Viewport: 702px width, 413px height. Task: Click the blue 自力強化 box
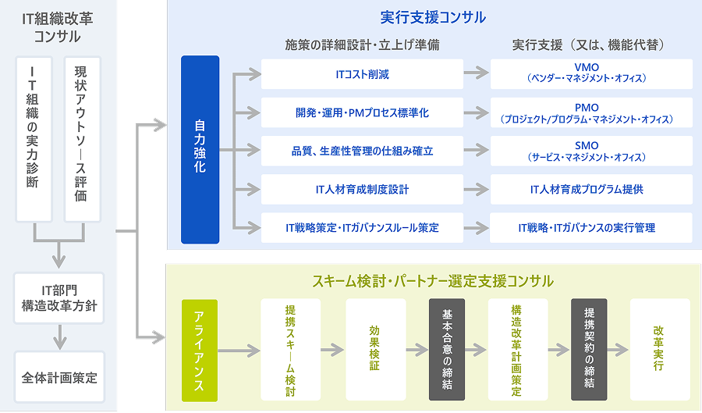coord(200,150)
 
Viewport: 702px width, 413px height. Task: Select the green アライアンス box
coord(200,350)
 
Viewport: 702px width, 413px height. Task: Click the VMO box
coord(592,73)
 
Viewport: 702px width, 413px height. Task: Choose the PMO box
coord(592,113)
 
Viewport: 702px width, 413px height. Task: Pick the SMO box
coord(592,151)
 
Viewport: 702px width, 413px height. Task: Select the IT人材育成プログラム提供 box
coord(592,189)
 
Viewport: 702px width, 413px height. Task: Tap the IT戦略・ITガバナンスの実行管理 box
coord(592,227)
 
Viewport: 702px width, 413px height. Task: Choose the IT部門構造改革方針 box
coord(59,298)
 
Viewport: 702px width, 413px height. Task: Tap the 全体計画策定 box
coord(59,377)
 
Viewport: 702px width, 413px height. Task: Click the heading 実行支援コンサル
coord(433,17)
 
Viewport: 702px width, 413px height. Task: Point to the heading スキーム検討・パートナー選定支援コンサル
coord(433,280)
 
